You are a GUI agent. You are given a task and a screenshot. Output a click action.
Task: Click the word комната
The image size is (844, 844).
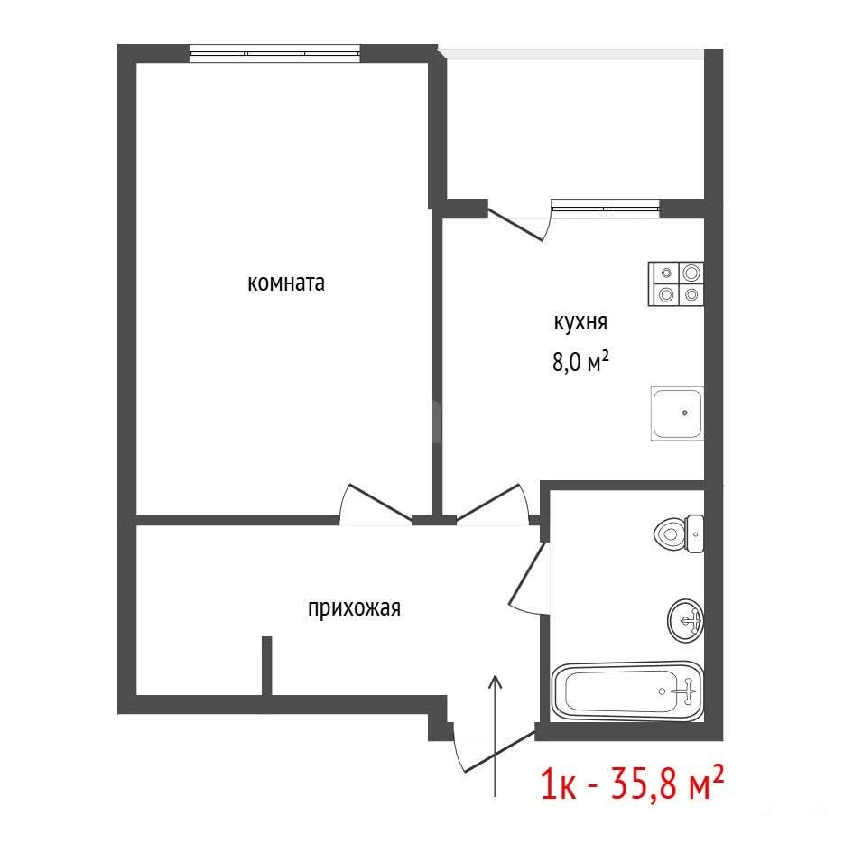pos(286,283)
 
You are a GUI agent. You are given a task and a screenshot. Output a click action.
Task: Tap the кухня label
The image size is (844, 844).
pos(580,322)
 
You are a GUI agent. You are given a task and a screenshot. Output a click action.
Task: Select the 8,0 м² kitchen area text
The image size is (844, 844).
pos(580,361)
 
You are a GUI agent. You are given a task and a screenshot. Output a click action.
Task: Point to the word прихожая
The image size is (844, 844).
pos(354,608)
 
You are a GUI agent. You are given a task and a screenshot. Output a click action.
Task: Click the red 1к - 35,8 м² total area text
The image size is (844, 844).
pos(632,784)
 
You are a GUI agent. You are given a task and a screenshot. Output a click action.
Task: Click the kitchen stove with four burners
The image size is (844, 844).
pos(676,283)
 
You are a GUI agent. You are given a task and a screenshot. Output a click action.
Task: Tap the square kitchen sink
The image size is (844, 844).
pos(677,413)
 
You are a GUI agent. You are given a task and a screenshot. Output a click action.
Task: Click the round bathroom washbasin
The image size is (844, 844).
pos(686,621)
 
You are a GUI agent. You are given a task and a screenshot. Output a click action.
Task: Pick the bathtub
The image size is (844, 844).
pos(627,691)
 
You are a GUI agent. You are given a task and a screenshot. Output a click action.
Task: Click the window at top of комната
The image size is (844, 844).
pos(274,54)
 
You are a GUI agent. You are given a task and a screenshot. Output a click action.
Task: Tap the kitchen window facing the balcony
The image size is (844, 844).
pos(606,209)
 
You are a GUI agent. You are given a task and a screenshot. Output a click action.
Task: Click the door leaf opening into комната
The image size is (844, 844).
pos(381,503)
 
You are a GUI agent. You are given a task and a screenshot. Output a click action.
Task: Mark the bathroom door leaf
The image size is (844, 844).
pos(528,572)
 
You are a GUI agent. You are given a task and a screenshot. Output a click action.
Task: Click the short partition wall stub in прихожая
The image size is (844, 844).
pos(266,666)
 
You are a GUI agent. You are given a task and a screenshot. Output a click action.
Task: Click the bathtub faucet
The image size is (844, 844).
pos(687,691)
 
